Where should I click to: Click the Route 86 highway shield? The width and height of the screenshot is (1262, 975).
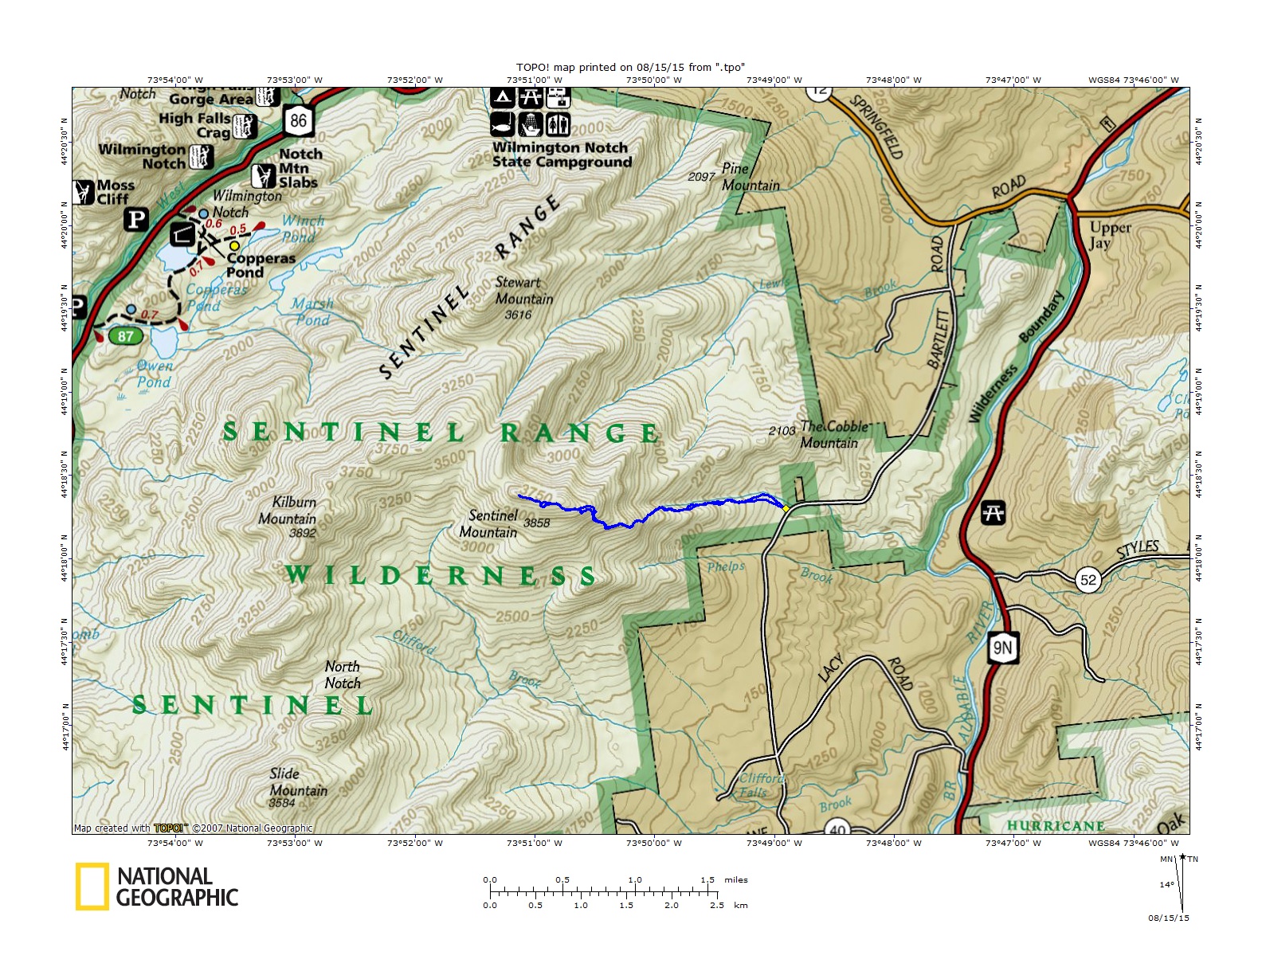298,121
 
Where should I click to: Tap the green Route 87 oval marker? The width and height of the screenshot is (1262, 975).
126,336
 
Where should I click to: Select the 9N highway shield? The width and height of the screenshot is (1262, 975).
1003,648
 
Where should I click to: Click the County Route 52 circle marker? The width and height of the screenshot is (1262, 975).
1088,580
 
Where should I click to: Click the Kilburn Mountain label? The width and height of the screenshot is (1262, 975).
288,511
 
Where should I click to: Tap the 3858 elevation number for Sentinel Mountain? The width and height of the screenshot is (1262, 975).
537,523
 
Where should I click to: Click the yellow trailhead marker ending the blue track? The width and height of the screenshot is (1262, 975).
786,507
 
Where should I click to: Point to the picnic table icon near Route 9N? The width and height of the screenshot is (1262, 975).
993,512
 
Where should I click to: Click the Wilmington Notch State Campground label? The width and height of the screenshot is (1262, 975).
561,155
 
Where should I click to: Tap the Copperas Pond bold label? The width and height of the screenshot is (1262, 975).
261,265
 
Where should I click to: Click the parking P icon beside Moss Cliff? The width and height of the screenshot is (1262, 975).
136,219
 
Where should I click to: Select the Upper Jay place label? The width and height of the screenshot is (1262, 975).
1110,235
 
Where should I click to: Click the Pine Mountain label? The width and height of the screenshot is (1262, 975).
750,177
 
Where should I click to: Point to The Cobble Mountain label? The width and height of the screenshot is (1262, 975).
833,435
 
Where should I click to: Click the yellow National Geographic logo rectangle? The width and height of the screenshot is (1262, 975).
92,887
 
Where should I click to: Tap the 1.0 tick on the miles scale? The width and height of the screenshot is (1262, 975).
635,880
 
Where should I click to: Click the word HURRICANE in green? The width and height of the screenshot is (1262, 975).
1056,826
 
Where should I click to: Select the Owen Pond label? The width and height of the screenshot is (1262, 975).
154,374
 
